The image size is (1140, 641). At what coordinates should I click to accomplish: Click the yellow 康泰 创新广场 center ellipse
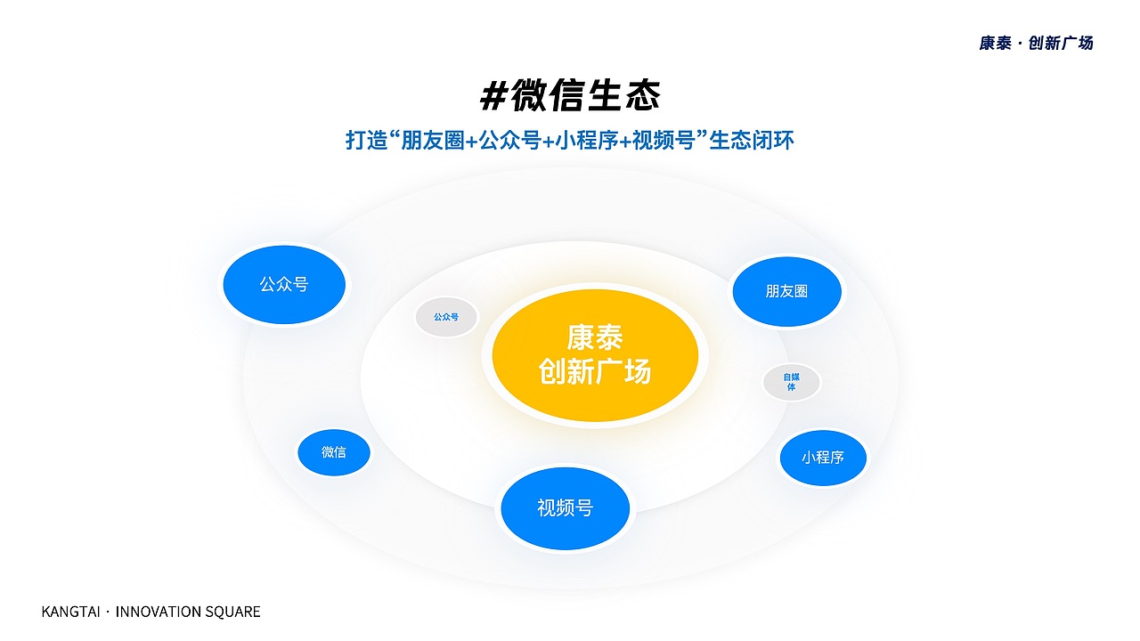coord(595,354)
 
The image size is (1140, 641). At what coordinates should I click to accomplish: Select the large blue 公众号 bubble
coord(284,285)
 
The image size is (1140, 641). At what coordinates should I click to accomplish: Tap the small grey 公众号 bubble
coord(446,317)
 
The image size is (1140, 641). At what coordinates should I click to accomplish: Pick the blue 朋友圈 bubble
coord(786,291)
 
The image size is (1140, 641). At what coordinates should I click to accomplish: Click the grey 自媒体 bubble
coord(791,382)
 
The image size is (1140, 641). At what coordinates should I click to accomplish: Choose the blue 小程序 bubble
coord(822,458)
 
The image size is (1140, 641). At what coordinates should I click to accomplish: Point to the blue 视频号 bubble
coord(565,508)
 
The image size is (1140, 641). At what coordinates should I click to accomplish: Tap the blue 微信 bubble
coord(334,452)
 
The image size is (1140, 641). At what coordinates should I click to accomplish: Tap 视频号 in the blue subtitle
coord(662,141)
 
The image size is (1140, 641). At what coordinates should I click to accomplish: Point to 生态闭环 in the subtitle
coord(751,141)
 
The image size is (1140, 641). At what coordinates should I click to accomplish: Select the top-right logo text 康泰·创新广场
coord(1036,43)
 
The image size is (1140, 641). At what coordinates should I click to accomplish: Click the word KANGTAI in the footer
coord(71,612)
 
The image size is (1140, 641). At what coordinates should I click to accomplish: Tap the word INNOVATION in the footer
coord(159,612)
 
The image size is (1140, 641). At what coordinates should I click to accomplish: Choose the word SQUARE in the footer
coord(233,612)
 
